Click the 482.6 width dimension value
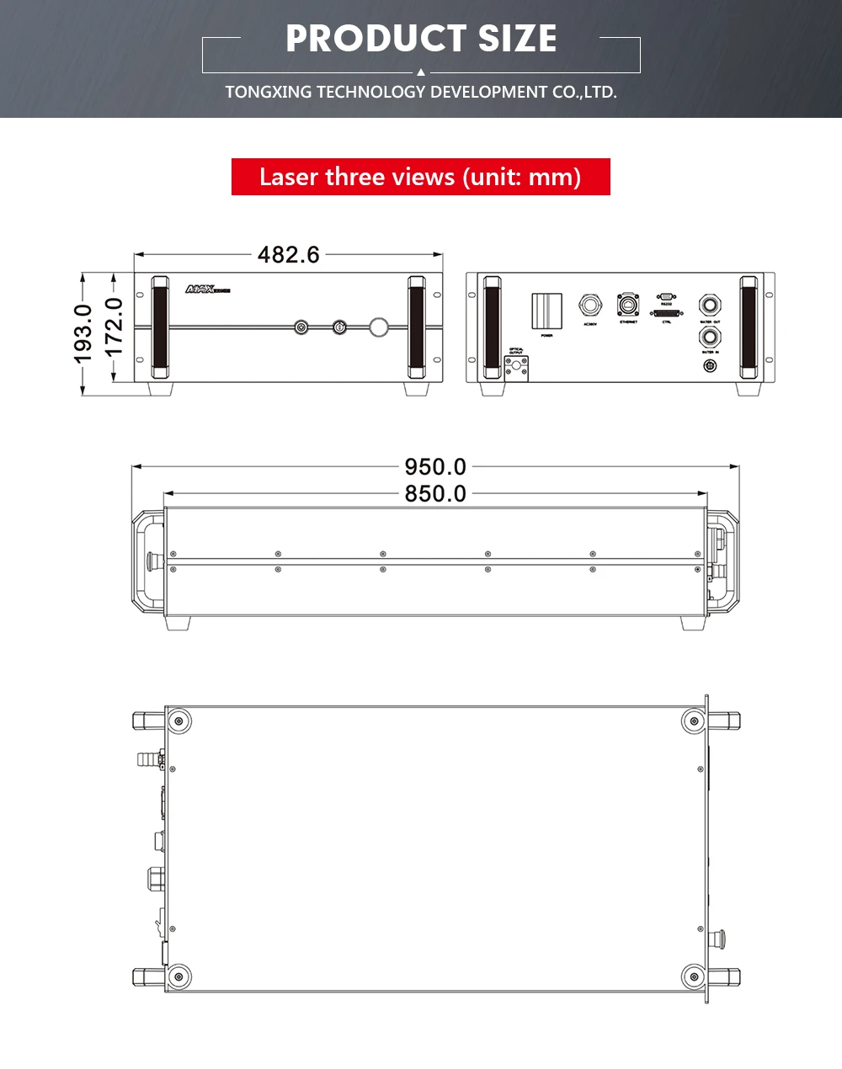pos(289,254)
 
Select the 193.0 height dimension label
pos(83,333)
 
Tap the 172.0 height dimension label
pos(115,326)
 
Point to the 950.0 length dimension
pos(435,466)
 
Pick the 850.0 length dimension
pos(435,493)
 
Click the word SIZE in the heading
pos(517,39)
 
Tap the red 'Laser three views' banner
pos(420,177)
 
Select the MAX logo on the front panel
pos(207,290)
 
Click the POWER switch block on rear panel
pos(546,311)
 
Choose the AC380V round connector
pos(589,306)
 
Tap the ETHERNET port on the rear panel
pos(628,305)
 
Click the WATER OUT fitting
pos(710,305)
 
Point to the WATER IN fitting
pos(710,338)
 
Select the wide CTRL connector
pos(667,313)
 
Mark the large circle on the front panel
pos(379,327)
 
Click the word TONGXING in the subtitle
pos(269,92)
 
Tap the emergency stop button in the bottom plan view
pos(719,936)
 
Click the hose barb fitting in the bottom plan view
pos(149,759)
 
